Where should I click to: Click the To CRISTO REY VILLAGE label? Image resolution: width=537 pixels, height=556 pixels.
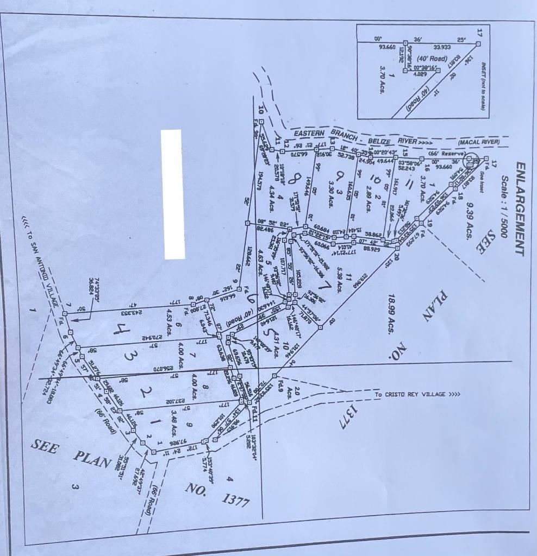pos(417,394)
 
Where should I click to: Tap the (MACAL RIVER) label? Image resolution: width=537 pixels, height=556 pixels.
pos(478,143)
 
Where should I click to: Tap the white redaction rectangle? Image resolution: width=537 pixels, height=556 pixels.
pos(174,194)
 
